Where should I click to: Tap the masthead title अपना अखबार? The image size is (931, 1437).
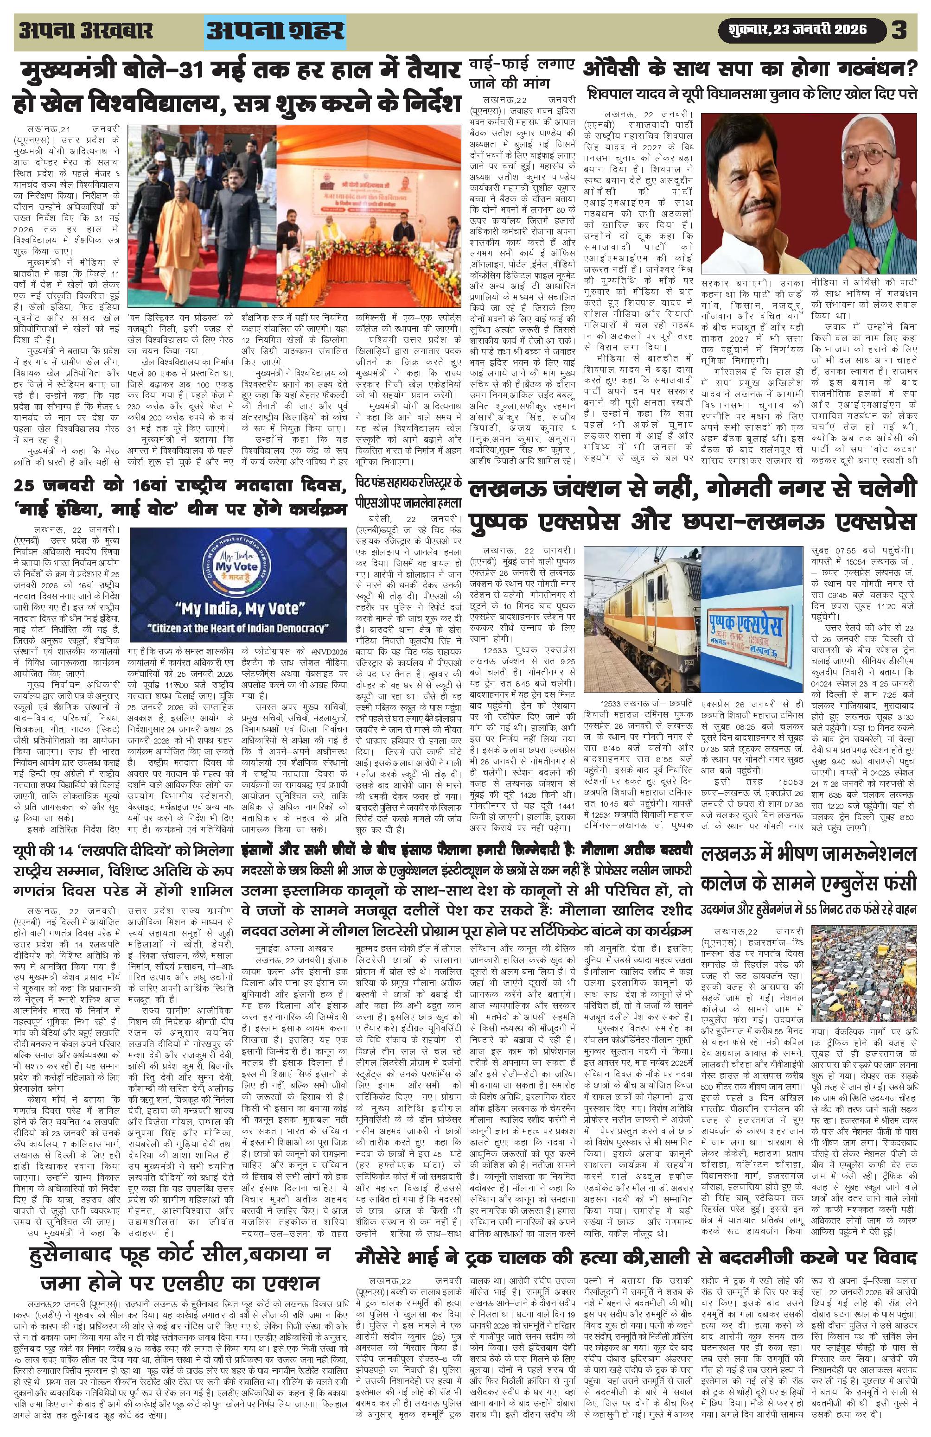point(86,30)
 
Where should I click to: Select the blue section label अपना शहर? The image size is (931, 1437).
point(275,31)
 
